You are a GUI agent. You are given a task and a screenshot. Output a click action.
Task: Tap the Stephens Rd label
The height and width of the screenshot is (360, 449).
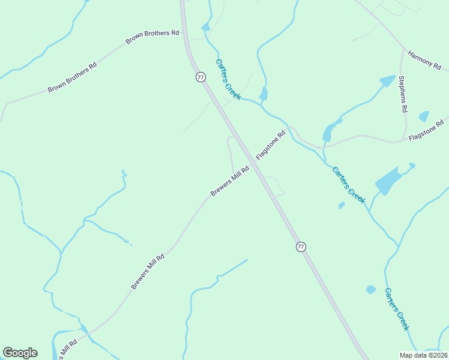coord(403,94)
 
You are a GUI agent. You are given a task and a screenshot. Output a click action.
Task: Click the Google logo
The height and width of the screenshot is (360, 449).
coord(20,353)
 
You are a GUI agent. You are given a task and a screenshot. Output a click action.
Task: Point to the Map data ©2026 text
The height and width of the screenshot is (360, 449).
coord(423,355)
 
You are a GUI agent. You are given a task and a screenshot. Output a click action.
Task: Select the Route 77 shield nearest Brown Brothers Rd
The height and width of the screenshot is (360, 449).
coord(200,77)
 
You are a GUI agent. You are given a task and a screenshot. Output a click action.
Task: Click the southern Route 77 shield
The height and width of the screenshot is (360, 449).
coord(301,247)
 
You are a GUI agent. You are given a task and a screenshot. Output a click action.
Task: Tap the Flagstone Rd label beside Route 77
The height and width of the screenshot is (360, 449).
coord(271,145)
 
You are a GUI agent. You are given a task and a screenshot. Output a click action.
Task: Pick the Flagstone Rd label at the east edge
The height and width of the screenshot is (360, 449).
coord(428,130)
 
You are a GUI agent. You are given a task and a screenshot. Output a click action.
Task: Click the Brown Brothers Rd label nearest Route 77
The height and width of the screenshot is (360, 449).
coord(152,37)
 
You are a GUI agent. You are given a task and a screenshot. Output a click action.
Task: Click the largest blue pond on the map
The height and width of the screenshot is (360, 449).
coord(387,181)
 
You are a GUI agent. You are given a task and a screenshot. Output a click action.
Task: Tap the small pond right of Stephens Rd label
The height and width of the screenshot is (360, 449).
coord(424,116)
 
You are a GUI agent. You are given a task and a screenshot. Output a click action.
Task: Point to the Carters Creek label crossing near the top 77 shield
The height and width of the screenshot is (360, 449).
coord(228,79)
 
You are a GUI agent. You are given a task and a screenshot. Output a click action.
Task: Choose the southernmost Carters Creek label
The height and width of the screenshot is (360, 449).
coord(397,309)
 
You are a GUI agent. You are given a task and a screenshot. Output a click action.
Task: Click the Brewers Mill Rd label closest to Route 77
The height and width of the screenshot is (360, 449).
coord(229,181)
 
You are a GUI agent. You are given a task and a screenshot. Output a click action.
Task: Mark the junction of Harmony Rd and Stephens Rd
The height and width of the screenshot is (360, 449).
coord(402,49)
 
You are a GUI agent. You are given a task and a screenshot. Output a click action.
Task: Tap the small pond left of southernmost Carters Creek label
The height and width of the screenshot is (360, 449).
coord(370,290)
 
